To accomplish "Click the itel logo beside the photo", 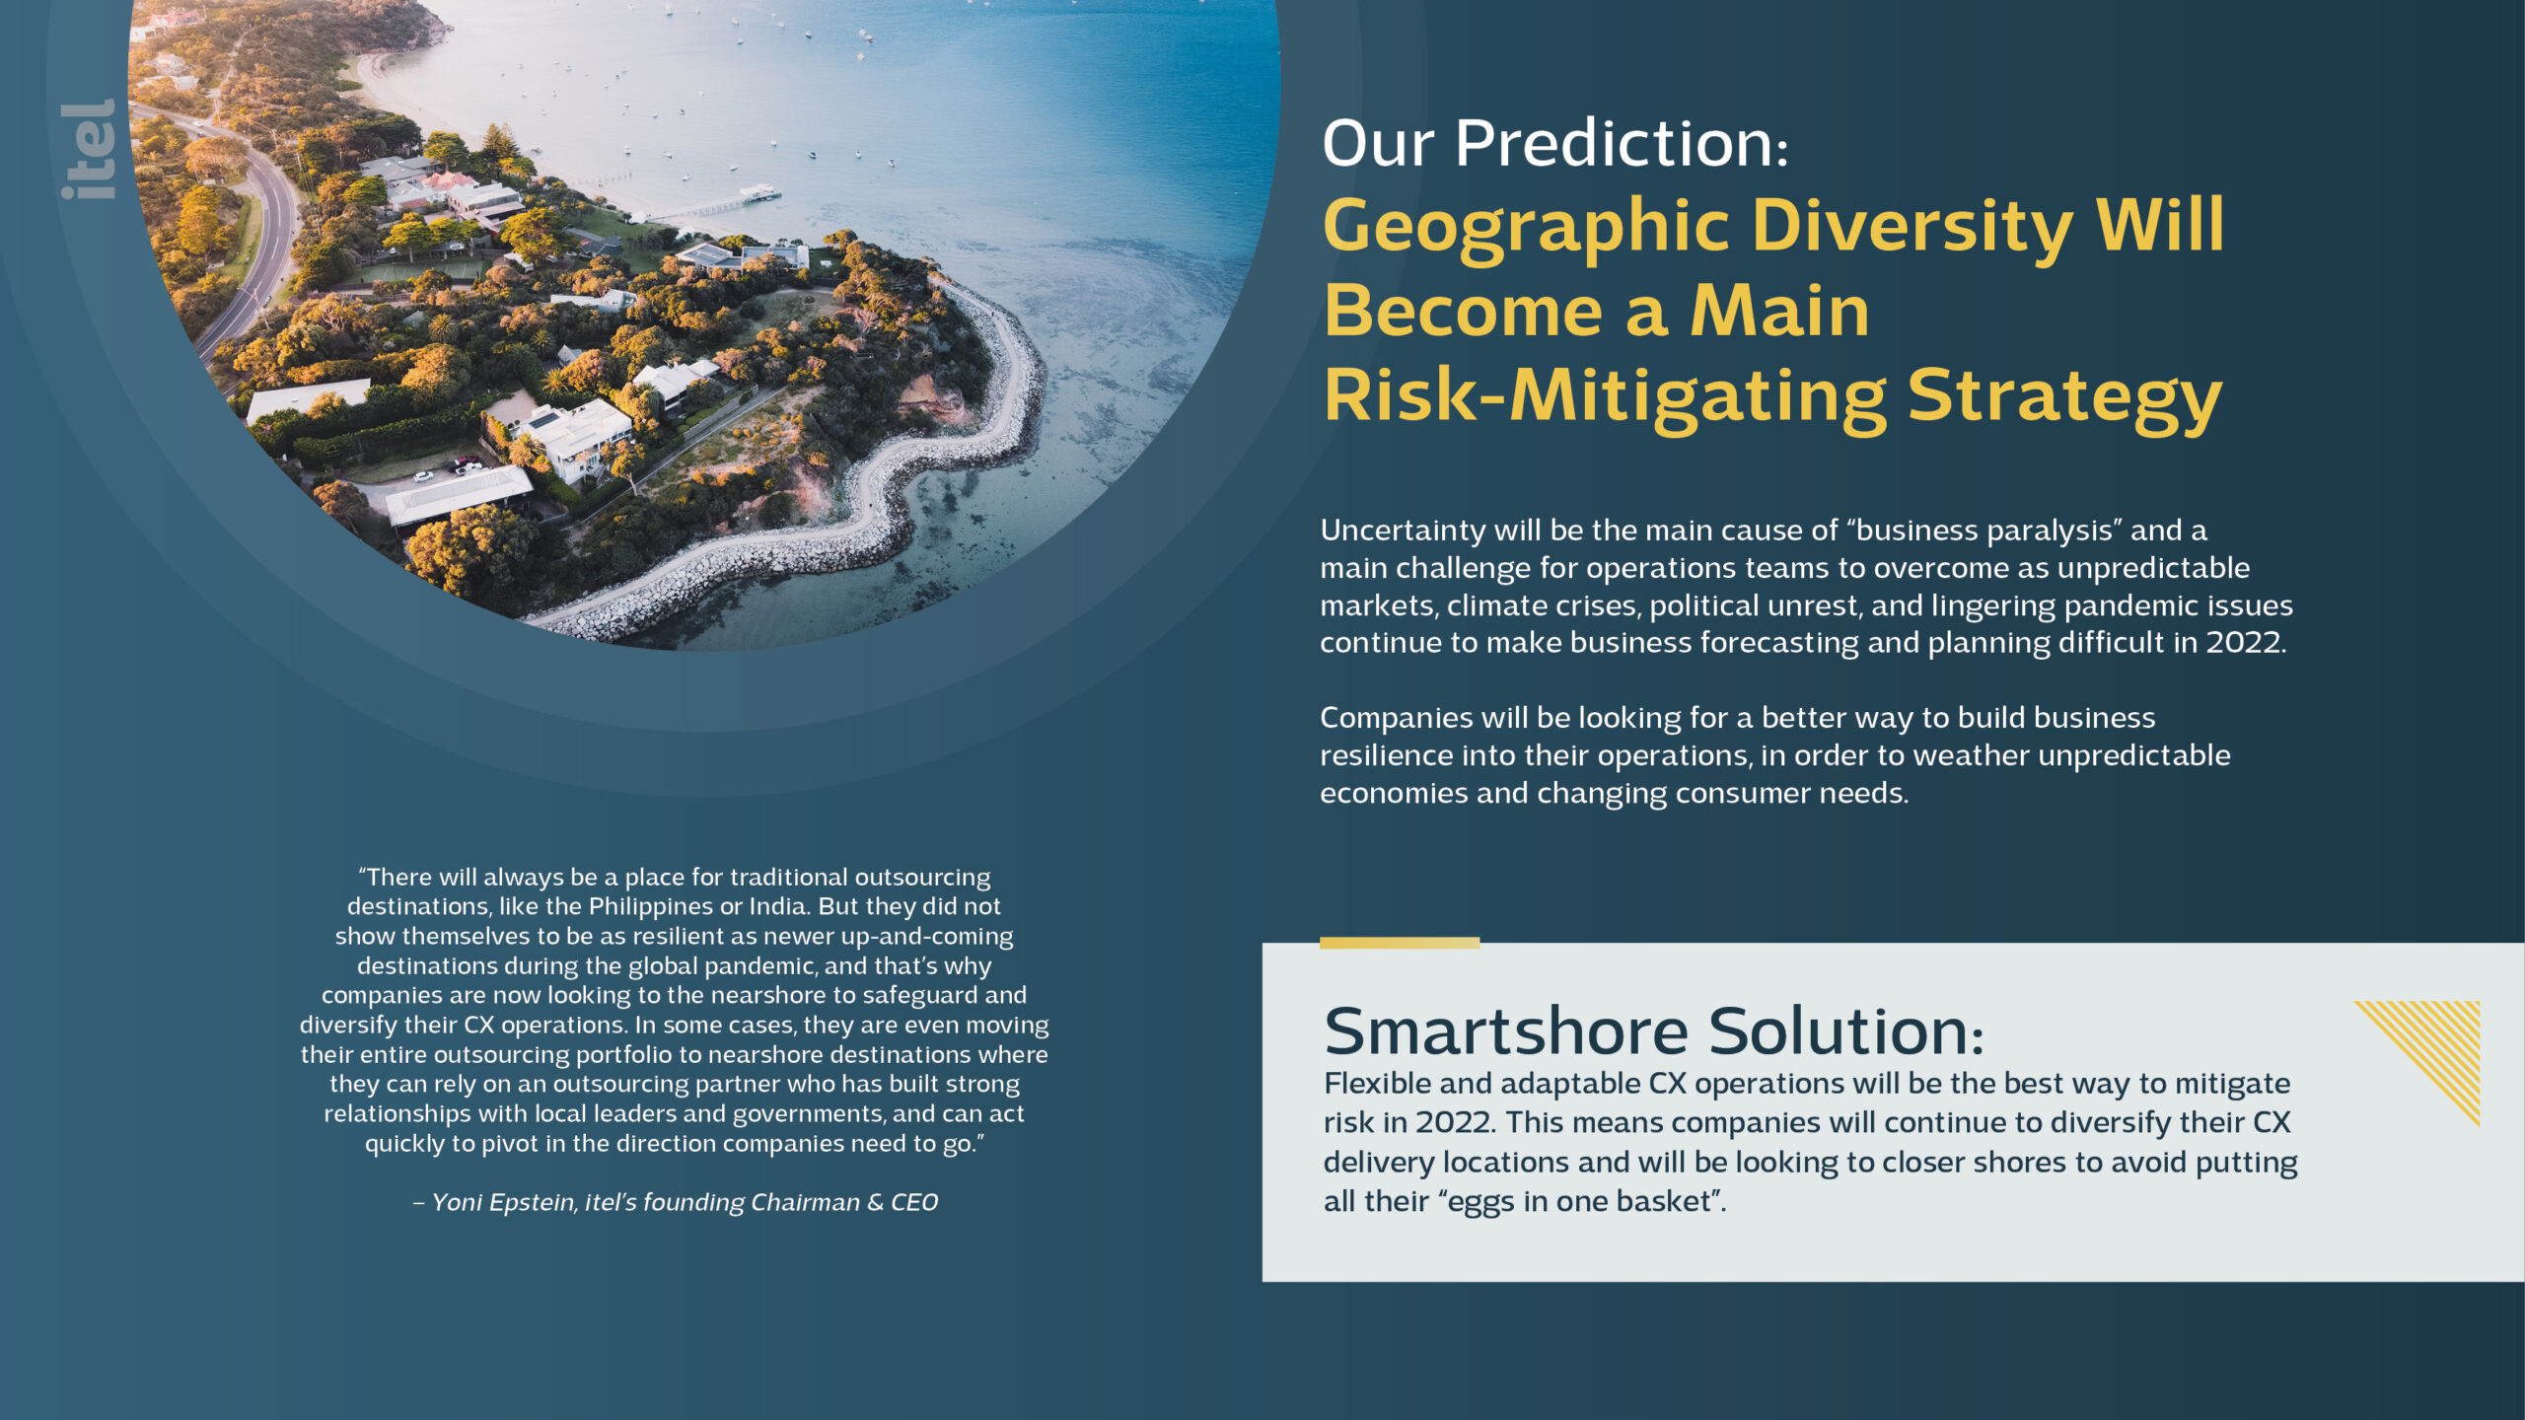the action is (x=88, y=149).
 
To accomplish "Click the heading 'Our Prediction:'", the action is (x=1554, y=144).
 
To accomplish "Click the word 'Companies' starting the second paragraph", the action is (x=1397, y=718).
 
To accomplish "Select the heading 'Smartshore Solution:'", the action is (x=1653, y=1031).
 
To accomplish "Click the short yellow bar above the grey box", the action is (x=1400, y=943).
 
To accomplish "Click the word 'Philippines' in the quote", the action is (x=650, y=907).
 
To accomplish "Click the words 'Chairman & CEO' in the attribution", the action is (x=844, y=1202).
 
